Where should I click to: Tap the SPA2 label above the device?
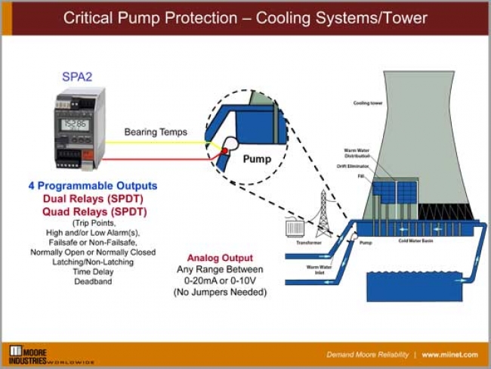(76, 77)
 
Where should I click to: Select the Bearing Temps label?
(156, 132)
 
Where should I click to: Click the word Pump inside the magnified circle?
(257, 160)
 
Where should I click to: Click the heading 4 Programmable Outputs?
(93, 185)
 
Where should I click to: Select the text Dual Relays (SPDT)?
(94, 199)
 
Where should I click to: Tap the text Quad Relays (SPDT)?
(94, 212)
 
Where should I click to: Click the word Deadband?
(92, 281)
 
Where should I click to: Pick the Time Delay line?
(92, 271)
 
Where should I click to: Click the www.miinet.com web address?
(451, 355)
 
